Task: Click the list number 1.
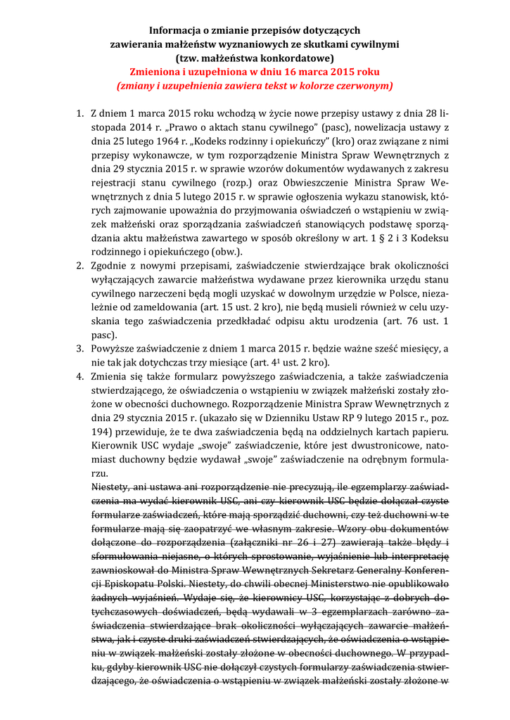pos(79,113)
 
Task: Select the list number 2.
pos(79,266)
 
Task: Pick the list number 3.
pos(79,349)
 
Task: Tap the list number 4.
pos(79,376)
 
